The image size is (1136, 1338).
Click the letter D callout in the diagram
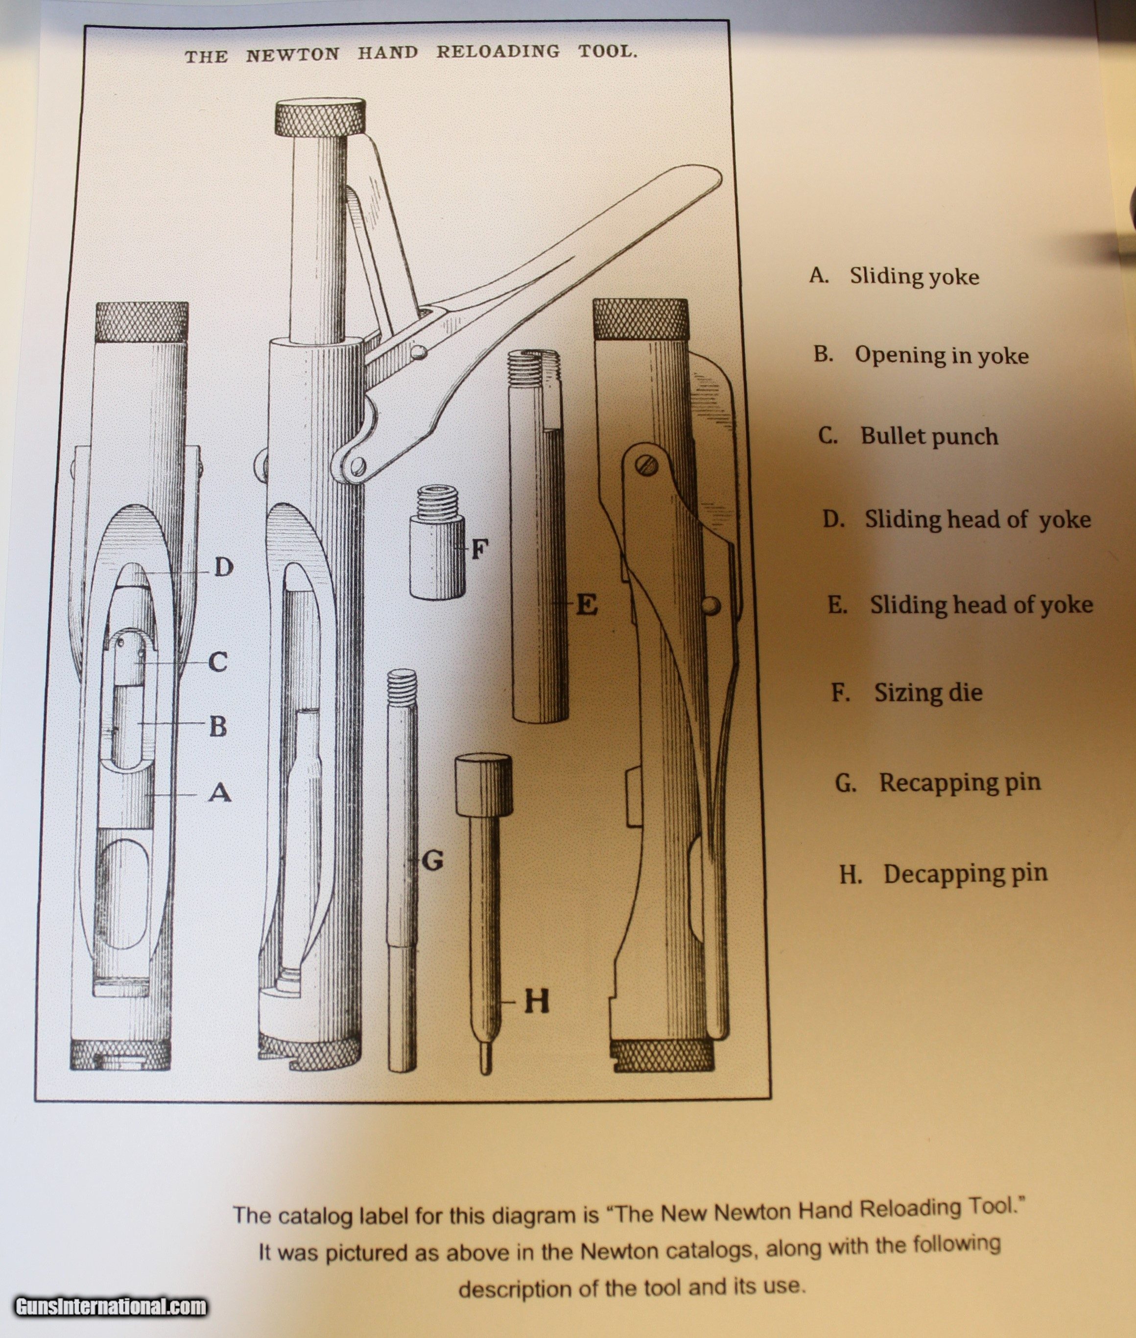coord(223,567)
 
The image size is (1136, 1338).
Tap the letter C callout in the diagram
coord(218,661)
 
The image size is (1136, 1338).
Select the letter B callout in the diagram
coord(218,727)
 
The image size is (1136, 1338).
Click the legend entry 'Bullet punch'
coord(929,437)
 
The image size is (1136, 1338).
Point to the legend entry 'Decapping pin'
coord(965,874)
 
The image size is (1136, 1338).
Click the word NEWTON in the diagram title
coord(292,55)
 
